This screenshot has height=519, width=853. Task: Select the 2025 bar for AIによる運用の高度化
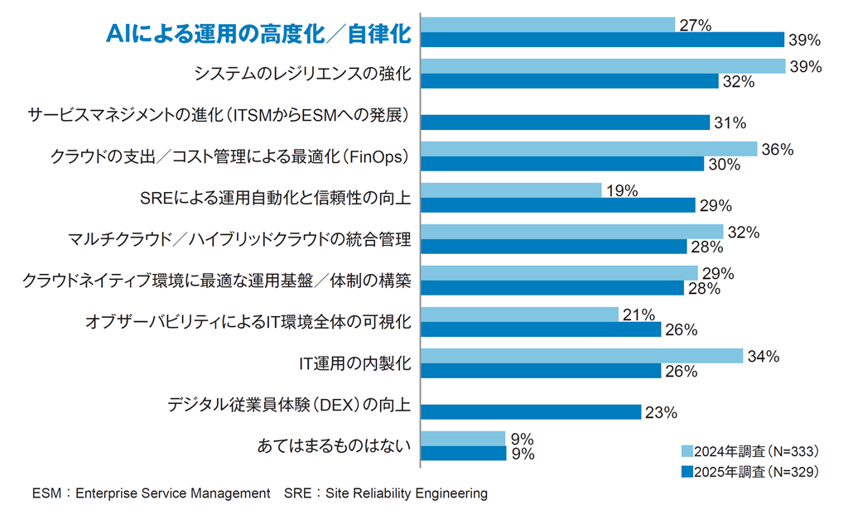point(602,40)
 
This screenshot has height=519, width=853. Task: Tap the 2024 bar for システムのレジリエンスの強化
point(602,66)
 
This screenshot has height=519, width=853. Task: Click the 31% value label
point(730,123)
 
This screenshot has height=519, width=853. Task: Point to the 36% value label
point(778,150)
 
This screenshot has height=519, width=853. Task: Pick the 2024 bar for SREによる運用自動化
point(511,190)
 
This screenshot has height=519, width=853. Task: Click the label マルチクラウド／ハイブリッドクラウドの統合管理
point(239,240)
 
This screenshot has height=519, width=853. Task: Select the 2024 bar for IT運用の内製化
point(581,356)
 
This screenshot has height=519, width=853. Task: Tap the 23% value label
point(661,412)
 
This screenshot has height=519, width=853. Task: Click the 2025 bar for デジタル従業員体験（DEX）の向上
point(531,412)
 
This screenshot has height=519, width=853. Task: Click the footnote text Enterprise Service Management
point(173,493)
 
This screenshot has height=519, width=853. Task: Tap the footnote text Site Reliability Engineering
point(407,493)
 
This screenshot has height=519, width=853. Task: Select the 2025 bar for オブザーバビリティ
point(541,329)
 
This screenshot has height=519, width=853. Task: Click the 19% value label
point(621,191)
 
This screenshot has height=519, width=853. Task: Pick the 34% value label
point(763,357)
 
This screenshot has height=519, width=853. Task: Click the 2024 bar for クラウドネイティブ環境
point(559,273)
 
